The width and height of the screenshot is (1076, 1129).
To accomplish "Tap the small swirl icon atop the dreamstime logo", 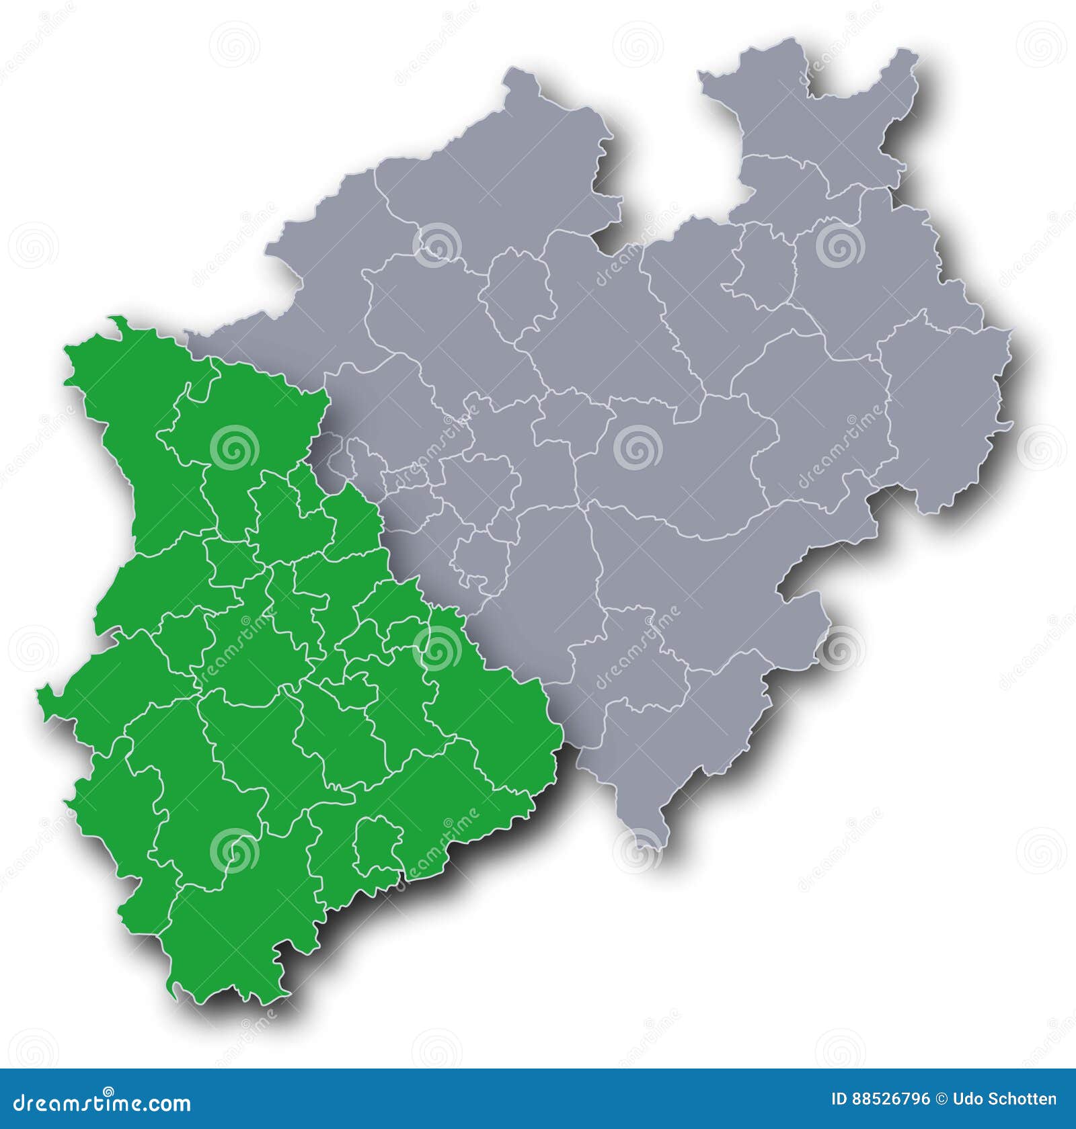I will [x=108, y=1092].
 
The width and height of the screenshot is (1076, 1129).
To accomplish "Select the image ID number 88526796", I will [x=890, y=1099].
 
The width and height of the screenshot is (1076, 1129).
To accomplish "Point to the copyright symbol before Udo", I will [x=941, y=1099].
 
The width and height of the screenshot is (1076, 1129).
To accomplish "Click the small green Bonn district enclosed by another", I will [x=377, y=844].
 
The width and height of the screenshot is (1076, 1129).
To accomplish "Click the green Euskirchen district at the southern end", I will [x=235, y=941].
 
